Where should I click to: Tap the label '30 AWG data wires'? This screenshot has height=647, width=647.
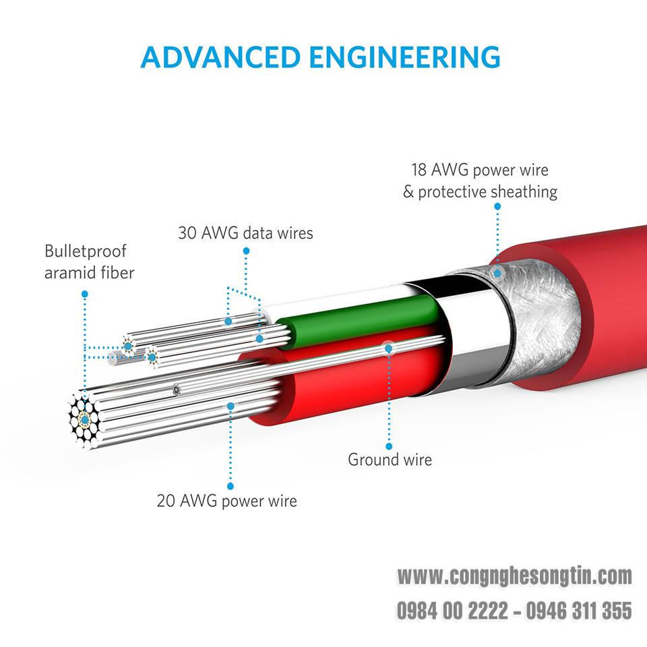[x=245, y=233]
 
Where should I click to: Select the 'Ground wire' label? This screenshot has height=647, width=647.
[x=390, y=460]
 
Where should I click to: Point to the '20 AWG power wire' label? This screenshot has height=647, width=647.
[x=227, y=501]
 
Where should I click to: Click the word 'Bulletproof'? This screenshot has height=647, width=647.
[x=86, y=251]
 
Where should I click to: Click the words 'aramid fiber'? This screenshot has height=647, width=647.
[x=89, y=273]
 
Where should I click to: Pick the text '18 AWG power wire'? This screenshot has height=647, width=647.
[x=480, y=170]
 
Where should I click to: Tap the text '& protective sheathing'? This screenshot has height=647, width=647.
[x=481, y=192]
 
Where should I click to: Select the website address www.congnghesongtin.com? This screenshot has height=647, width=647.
[x=514, y=576]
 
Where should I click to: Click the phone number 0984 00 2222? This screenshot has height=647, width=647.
[x=452, y=611]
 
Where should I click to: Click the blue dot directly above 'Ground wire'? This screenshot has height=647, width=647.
[x=389, y=446]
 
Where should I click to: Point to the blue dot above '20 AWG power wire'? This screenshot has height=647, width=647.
[x=230, y=406]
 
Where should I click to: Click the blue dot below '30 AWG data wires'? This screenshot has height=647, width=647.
[x=247, y=251]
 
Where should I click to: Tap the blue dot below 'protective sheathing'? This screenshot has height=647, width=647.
[x=497, y=206]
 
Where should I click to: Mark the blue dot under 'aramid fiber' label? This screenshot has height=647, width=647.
[x=85, y=295]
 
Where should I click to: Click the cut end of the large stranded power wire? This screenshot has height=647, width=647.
[x=85, y=420]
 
